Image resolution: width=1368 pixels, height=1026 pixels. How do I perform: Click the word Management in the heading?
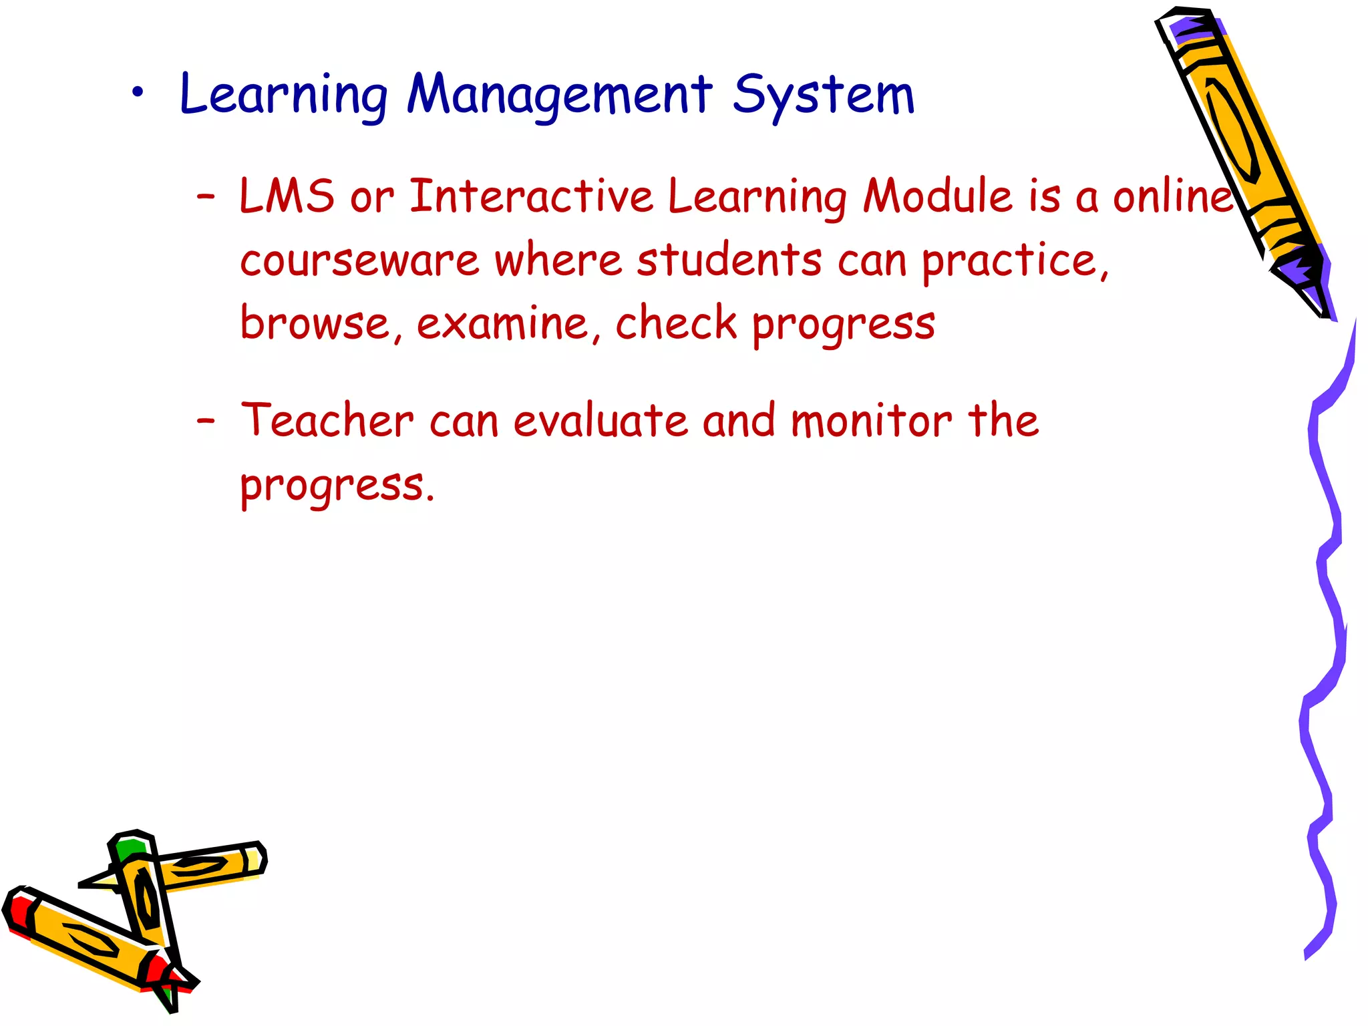point(560,95)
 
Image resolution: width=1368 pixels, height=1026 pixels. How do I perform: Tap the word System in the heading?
point(823,96)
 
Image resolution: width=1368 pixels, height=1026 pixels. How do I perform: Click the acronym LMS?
point(287,196)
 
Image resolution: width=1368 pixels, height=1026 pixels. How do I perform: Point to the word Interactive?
point(531,196)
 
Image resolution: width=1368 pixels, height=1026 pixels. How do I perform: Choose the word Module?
point(937,196)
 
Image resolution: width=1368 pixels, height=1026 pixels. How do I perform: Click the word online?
point(1172,196)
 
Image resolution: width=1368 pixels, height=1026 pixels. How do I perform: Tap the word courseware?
point(359,261)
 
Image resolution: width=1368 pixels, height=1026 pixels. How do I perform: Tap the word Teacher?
point(327,421)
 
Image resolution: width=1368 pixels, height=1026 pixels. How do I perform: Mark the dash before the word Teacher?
point(206,421)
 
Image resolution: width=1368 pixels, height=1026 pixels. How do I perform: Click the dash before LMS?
point(206,196)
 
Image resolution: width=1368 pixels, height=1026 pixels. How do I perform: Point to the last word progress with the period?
point(337,486)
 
